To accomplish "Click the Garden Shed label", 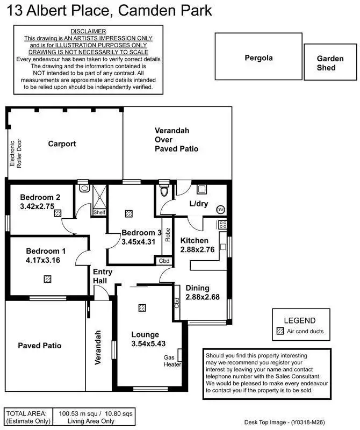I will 326,63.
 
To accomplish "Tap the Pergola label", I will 259,57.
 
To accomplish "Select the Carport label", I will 62,144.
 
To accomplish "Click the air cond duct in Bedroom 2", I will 57,213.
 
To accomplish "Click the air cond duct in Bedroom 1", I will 48,278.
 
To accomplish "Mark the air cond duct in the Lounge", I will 142,307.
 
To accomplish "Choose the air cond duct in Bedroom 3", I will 128,213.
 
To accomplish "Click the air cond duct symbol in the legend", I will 279,331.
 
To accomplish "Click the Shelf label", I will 99,212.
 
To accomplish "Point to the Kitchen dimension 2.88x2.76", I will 198,249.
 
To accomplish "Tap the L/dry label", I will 199,204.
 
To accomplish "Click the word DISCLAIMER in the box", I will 89,32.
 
